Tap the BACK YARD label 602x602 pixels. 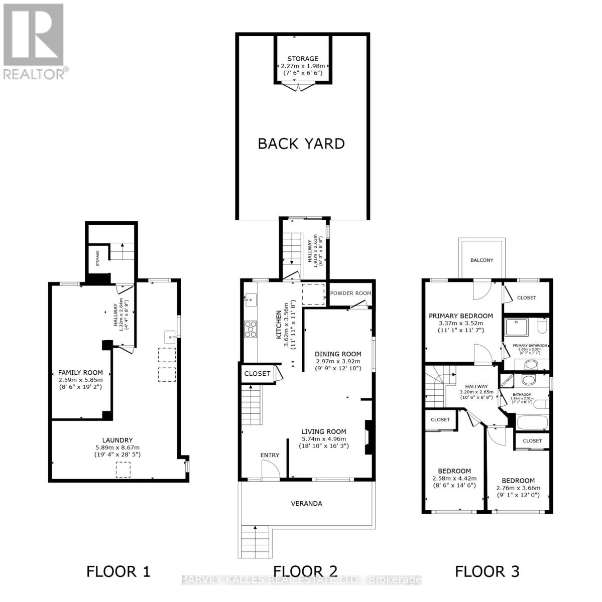click(x=301, y=143)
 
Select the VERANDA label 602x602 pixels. click(x=307, y=503)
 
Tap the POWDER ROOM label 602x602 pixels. click(x=350, y=293)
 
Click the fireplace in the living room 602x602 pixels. click(x=369, y=437)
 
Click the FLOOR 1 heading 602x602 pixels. click(x=118, y=571)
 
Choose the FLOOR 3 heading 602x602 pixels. click(x=487, y=571)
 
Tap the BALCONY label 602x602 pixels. click(x=481, y=260)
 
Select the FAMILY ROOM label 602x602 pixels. click(x=80, y=372)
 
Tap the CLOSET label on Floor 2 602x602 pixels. click(x=257, y=373)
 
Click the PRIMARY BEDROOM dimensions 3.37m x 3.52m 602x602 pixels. click(x=460, y=324)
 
